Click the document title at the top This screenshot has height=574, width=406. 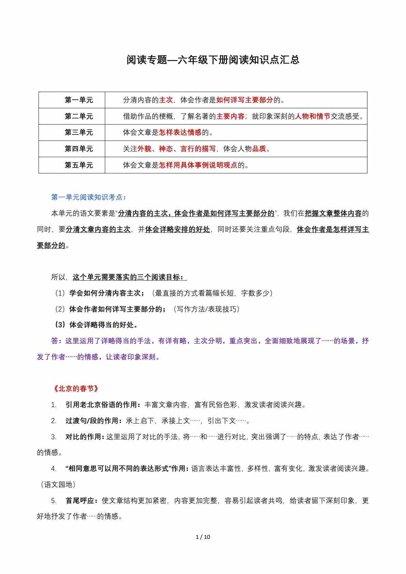tap(213, 60)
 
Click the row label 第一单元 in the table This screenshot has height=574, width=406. tap(79, 100)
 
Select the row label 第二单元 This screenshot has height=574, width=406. tap(79, 116)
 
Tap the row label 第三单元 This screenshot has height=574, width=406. tap(79, 132)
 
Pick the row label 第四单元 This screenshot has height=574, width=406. tap(79, 149)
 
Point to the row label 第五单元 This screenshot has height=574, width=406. tap(79, 165)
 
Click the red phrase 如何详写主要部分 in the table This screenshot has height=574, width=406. tap(245, 100)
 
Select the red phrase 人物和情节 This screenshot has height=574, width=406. tap(313, 116)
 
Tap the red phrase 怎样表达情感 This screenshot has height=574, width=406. tap(180, 132)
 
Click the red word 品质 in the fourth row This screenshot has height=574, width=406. tap(259, 149)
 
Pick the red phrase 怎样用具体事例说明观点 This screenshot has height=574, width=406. tap(198, 165)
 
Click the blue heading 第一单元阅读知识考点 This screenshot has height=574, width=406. tap(88, 197)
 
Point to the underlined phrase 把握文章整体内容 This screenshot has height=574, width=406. tap(333, 214)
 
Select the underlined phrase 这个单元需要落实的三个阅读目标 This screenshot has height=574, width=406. tap(129, 277)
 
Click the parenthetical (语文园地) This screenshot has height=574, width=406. tap(57, 485)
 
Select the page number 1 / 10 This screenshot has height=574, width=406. tap(203, 537)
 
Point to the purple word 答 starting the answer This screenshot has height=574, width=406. tap(55, 341)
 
